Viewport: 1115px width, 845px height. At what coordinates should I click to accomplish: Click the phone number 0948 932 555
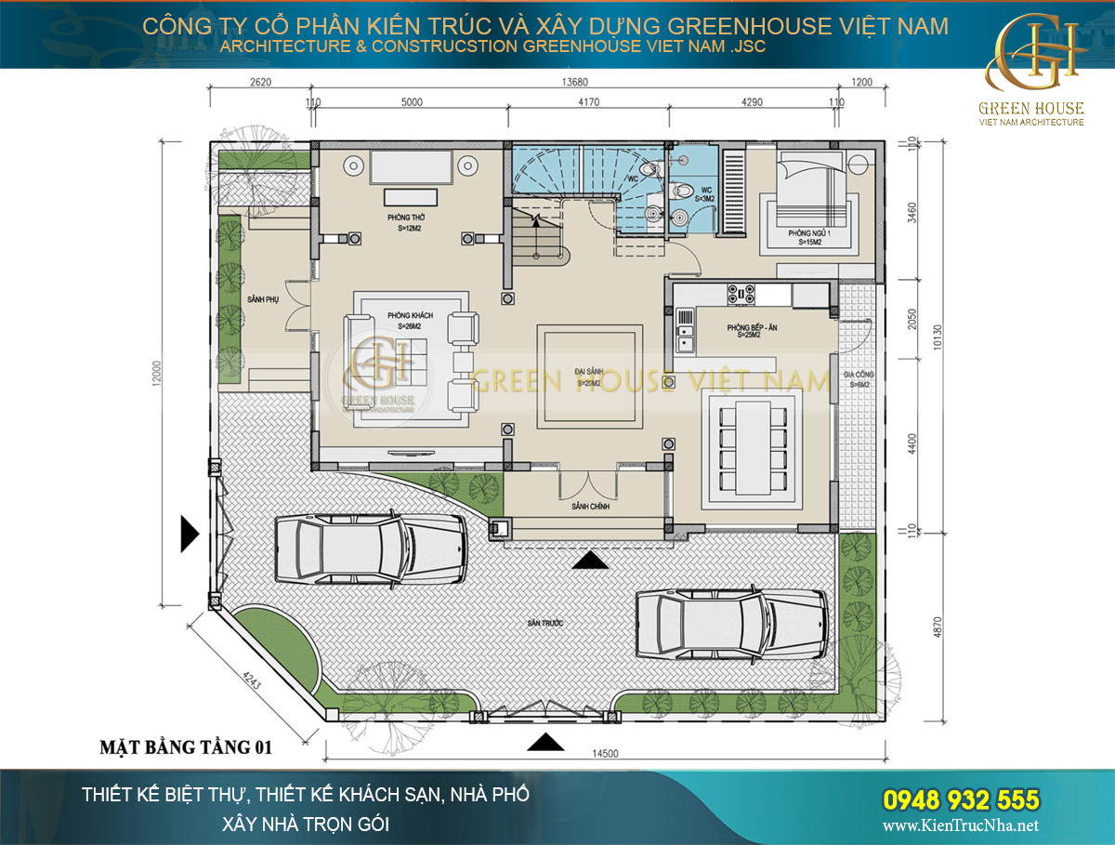(960, 799)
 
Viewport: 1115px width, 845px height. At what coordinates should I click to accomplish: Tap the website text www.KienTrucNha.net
(960, 825)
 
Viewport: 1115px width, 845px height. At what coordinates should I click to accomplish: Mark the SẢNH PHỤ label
(264, 299)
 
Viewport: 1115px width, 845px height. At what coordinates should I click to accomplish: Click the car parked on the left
(370, 548)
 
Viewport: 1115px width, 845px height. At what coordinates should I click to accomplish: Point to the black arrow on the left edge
(190, 534)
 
